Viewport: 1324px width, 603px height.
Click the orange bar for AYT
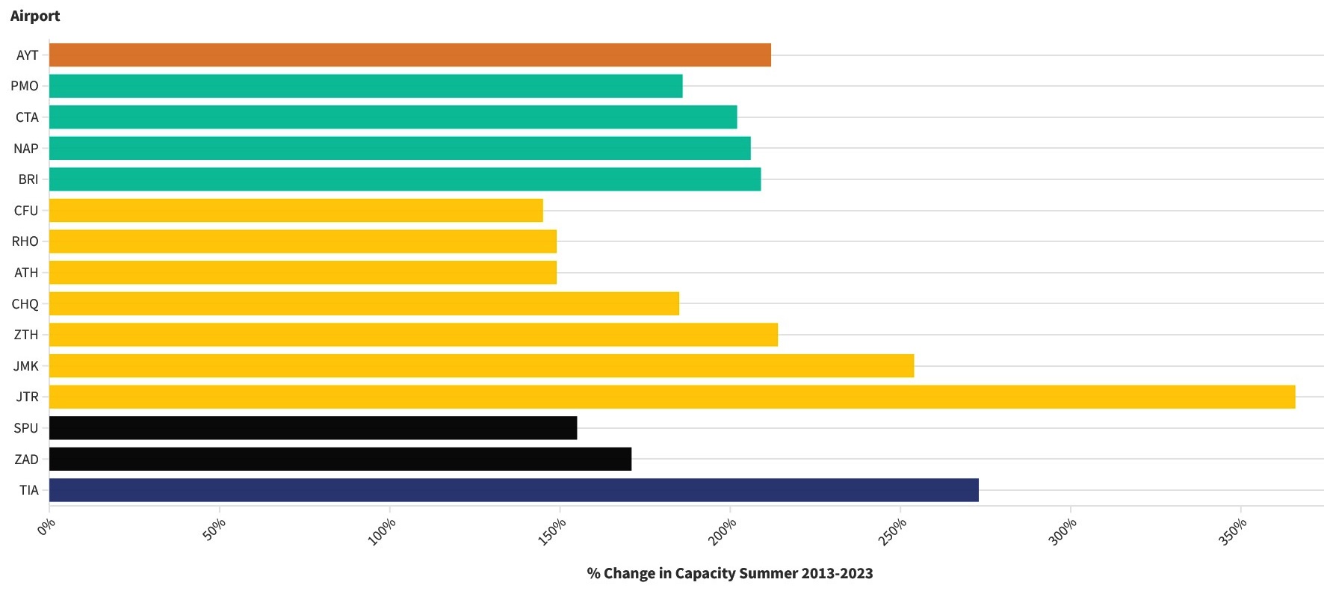click(x=409, y=55)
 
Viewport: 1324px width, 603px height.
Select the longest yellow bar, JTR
click(x=672, y=397)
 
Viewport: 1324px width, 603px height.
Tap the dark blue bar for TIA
click(x=513, y=490)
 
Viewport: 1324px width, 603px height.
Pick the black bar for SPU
click(x=312, y=428)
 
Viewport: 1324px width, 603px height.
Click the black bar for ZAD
click(x=340, y=459)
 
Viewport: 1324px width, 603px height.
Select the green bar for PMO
click(x=365, y=86)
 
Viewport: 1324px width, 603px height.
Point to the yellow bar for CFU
click(x=296, y=211)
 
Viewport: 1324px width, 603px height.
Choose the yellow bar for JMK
click(x=481, y=366)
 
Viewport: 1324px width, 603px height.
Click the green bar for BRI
click(x=404, y=179)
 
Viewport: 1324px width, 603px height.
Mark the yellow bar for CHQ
click(x=364, y=304)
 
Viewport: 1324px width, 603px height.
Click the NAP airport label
click(x=26, y=149)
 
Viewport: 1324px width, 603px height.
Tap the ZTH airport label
click(x=26, y=335)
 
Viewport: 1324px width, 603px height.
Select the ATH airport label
click(x=26, y=273)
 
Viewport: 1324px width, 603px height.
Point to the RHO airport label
click(x=25, y=241)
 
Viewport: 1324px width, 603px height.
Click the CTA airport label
click(x=27, y=117)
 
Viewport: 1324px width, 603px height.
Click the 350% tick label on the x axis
click(x=1233, y=532)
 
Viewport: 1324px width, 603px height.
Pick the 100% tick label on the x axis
click(x=382, y=532)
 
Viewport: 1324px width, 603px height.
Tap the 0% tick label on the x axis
click(x=46, y=528)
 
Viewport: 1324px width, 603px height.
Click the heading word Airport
click(x=35, y=16)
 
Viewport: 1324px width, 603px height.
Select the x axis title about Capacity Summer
click(x=730, y=573)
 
